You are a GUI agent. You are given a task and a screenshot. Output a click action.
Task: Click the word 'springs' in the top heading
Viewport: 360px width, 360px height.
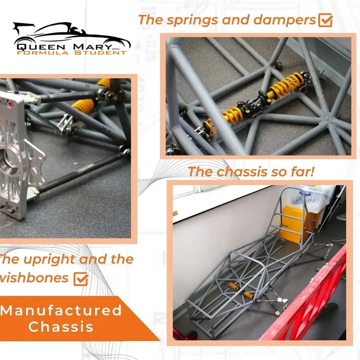(x=192, y=20)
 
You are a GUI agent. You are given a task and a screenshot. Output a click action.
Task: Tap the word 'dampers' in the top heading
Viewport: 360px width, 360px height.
(x=284, y=20)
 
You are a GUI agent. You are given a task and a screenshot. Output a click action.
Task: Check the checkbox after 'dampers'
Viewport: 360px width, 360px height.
(x=326, y=20)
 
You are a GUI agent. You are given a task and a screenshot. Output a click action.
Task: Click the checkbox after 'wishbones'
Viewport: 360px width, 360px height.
(x=81, y=278)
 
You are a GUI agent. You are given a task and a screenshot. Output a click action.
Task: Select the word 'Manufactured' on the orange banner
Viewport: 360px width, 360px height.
(x=61, y=310)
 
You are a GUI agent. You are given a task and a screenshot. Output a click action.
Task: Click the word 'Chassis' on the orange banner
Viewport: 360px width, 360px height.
(x=61, y=327)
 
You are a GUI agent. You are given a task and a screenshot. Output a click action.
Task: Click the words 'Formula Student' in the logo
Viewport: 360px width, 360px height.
(x=71, y=52)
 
